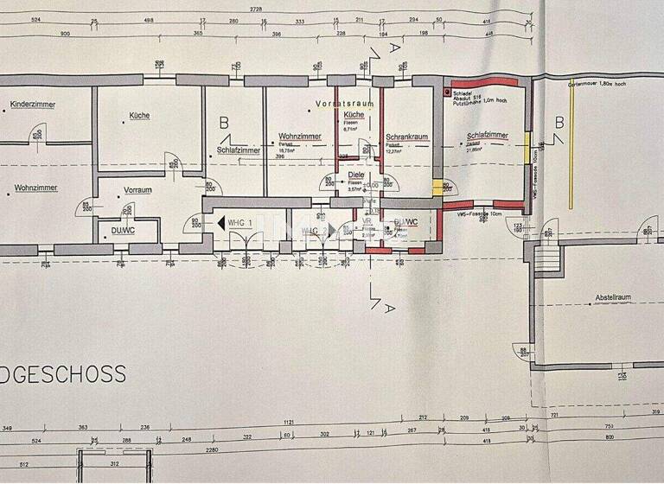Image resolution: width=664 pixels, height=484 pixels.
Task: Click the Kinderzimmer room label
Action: (x=33, y=105)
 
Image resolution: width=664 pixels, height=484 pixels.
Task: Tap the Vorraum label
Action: (x=137, y=189)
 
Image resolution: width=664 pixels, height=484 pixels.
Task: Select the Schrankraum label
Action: (x=407, y=137)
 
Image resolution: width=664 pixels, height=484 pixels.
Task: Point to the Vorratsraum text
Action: (x=344, y=104)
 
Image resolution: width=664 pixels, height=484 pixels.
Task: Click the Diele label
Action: (x=355, y=175)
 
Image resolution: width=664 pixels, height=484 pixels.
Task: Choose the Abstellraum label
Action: (x=611, y=297)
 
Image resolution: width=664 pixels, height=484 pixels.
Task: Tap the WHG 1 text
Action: (x=241, y=222)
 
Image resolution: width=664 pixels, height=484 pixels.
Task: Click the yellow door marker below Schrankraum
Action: (x=437, y=188)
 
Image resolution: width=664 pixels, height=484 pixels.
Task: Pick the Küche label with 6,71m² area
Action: (x=353, y=115)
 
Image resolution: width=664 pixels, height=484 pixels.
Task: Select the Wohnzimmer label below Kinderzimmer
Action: (x=35, y=186)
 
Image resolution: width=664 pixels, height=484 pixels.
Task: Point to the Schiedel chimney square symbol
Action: (x=447, y=91)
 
